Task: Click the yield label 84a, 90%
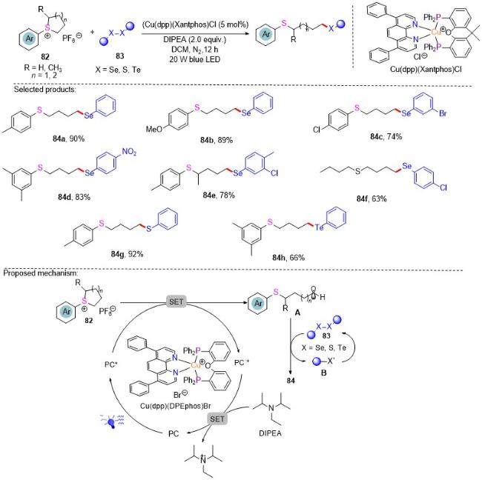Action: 68,139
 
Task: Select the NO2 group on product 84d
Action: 129,152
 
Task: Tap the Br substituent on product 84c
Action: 443,113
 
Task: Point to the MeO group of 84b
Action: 154,130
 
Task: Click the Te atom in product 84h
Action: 319,227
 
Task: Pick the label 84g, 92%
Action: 128,254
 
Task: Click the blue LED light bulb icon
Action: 111,421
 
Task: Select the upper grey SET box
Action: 176,301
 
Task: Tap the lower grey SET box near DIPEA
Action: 217,419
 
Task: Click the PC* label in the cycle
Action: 111,364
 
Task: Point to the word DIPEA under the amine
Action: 270,433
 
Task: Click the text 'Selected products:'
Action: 45,90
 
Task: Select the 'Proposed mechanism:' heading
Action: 41,273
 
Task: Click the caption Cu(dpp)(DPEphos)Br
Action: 176,406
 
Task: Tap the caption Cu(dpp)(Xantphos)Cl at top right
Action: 426,70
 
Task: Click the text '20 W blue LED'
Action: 195,59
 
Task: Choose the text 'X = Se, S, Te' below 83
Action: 118,70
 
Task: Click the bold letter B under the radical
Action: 324,373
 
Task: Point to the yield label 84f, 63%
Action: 372,199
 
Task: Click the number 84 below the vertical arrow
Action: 291,381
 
